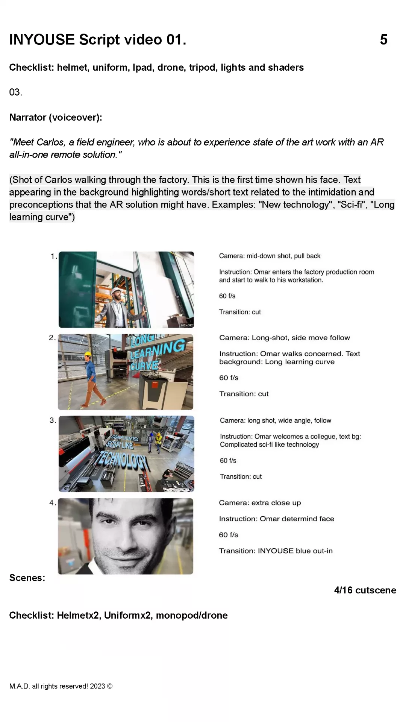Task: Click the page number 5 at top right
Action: pyautogui.click(x=383, y=39)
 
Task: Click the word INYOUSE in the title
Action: pyautogui.click(x=42, y=39)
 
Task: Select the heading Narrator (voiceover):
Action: pyautogui.click(x=56, y=117)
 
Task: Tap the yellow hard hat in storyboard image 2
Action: pyautogui.click(x=88, y=354)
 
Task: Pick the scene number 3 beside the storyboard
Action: pyautogui.click(x=52, y=420)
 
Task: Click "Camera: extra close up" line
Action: pyautogui.click(x=260, y=503)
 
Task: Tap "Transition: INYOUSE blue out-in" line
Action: pyautogui.click(x=276, y=551)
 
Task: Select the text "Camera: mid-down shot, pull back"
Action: pyautogui.click(x=270, y=256)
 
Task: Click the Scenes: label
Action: pyautogui.click(x=27, y=578)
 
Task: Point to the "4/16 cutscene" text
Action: pyautogui.click(x=365, y=590)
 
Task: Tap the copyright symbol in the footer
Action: pyautogui.click(x=110, y=686)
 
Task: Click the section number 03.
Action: pyautogui.click(x=16, y=92)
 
